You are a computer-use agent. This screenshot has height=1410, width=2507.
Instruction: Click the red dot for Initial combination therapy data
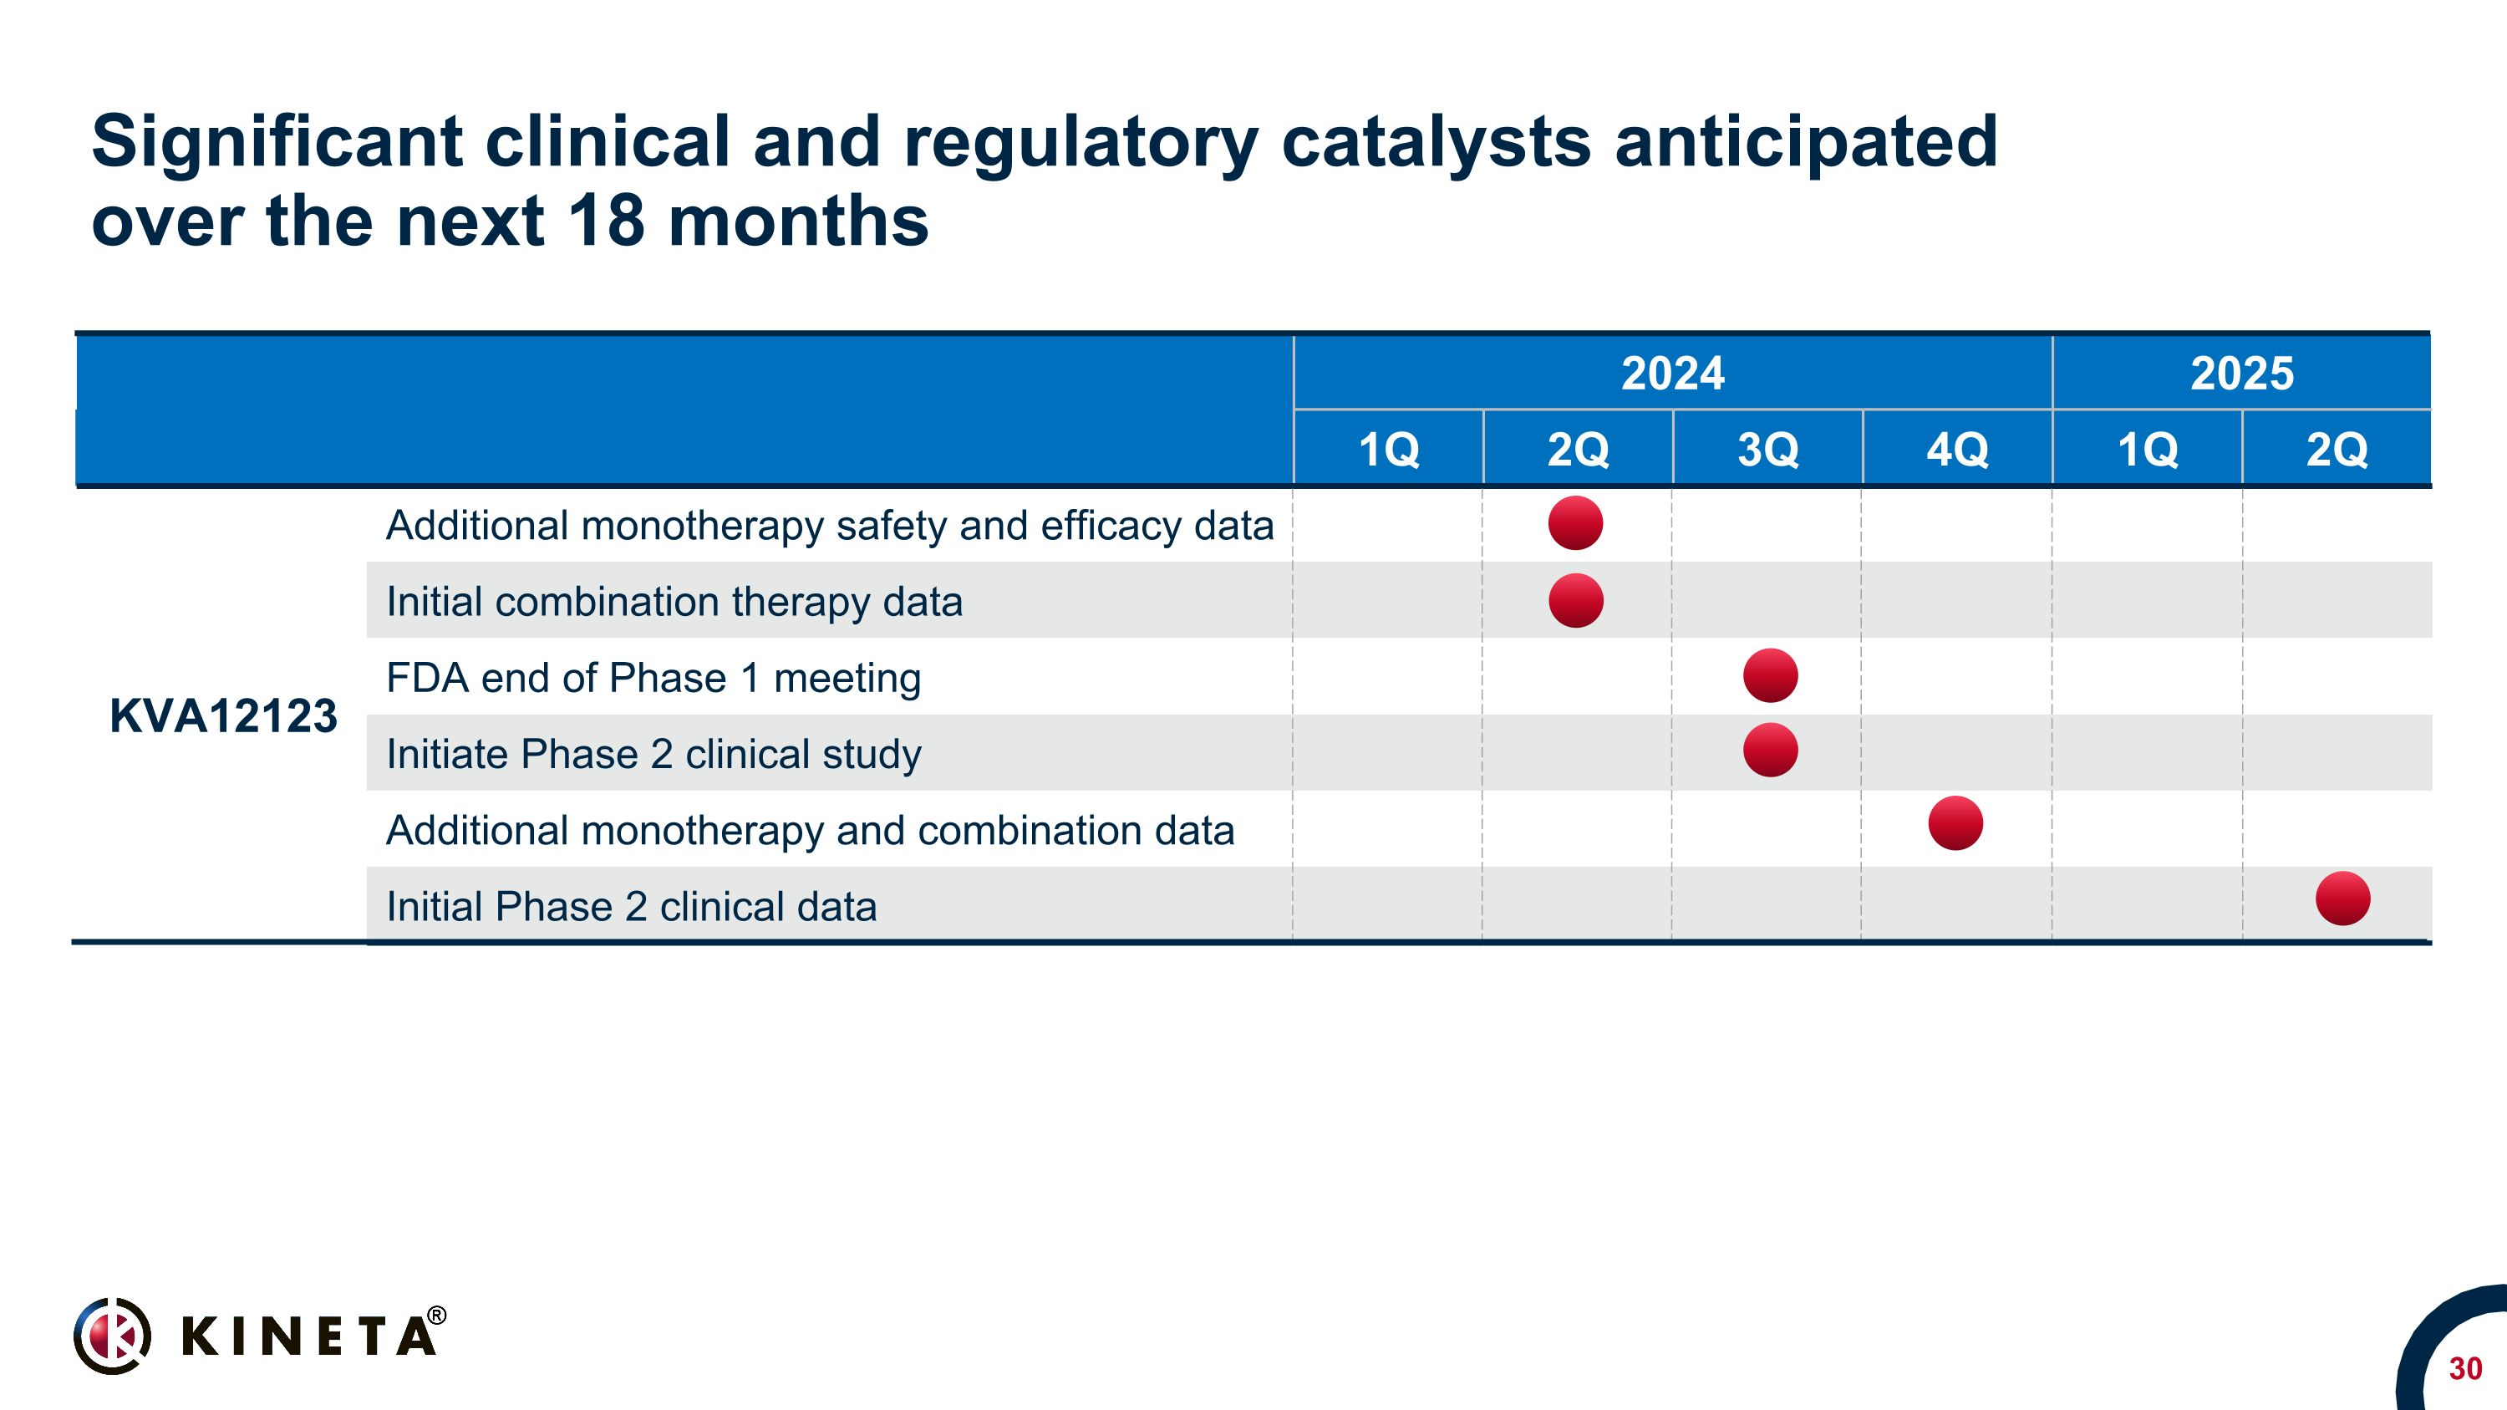(x=1575, y=600)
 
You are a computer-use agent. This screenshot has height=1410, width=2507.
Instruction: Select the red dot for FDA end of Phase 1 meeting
(x=1770, y=675)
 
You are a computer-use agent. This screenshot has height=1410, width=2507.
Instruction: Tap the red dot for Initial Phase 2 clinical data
(x=2342, y=898)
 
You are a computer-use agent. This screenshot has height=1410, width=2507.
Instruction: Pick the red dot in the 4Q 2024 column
(x=1955, y=823)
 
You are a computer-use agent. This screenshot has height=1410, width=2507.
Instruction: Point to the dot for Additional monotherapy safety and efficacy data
(x=1575, y=523)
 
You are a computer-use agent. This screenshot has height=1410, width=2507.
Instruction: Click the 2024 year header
(x=1672, y=374)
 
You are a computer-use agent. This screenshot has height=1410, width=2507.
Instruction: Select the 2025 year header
(x=2241, y=374)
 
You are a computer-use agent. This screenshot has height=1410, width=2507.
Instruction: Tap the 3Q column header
(x=1767, y=450)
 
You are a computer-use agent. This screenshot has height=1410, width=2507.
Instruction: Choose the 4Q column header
(x=1957, y=450)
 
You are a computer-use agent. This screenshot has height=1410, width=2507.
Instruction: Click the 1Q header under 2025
(x=2147, y=450)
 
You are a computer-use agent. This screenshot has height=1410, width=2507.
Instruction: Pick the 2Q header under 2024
(x=1578, y=450)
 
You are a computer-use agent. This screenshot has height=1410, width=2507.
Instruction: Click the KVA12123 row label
(x=223, y=716)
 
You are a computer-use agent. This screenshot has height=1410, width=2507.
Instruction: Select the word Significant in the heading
(x=276, y=142)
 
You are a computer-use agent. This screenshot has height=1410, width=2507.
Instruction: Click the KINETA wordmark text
(x=308, y=1336)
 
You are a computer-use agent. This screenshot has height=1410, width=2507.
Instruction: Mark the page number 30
(x=2464, y=1369)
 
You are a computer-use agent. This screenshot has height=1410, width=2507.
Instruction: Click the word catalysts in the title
(x=1436, y=142)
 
